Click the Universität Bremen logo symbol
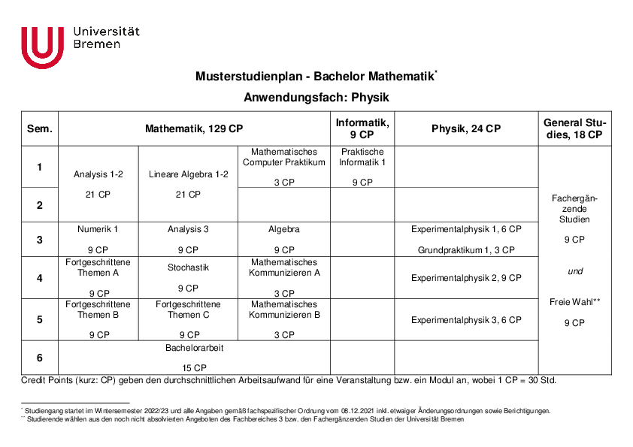point(42,47)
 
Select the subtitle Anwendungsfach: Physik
point(316,98)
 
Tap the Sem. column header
point(40,128)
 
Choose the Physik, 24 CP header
point(466,128)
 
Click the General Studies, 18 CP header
point(574,128)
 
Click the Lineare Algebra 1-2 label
point(188,174)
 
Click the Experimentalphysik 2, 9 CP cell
point(466,278)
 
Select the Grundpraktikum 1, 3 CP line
point(466,250)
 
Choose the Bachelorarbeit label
point(195,349)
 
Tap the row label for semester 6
point(40,358)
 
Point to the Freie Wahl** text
point(574,302)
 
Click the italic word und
point(574,271)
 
